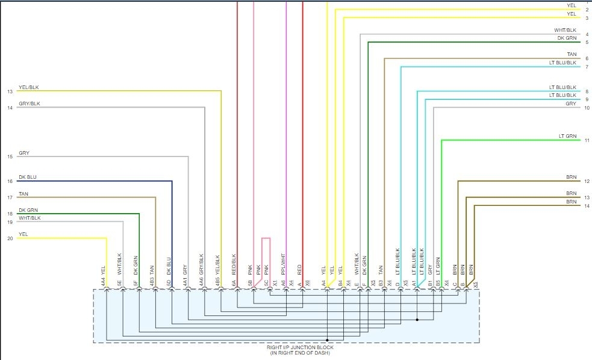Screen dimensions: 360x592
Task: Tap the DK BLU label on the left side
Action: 27,177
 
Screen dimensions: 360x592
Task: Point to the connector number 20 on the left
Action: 10,238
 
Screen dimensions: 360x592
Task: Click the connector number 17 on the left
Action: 10,197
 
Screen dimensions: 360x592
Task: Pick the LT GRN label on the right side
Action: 568,137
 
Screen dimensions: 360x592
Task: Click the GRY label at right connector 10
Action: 571,104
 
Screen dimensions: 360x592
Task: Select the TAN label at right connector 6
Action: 572,54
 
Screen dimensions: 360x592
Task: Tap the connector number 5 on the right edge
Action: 587,42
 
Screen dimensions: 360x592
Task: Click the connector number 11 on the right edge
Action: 587,140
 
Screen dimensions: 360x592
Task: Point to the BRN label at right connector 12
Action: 571,177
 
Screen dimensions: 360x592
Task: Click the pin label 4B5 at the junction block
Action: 217,282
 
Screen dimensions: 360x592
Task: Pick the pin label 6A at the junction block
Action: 234,282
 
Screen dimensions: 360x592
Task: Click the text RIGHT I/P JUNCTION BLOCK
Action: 300,347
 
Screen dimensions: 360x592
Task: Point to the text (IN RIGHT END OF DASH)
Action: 300,353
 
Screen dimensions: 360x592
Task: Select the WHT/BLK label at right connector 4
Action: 566,30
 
